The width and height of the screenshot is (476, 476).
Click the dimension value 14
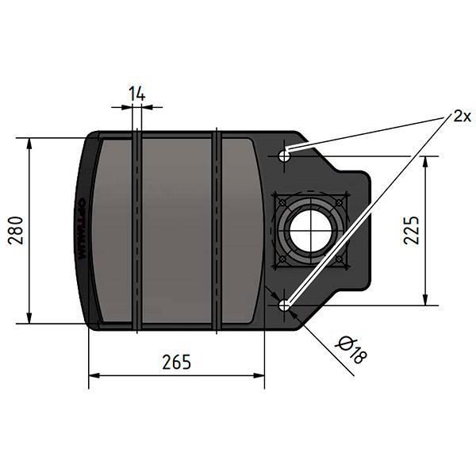pos(137,94)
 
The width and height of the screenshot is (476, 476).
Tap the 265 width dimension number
pos(176,362)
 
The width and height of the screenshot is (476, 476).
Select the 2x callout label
pos(463,117)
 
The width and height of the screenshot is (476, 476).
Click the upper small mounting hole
pos(285,155)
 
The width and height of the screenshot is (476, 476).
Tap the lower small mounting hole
pos(285,304)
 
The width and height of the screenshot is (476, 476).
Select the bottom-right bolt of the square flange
pos(339,259)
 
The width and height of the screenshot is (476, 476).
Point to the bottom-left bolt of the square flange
pos(281,259)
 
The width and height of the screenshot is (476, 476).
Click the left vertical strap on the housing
pos(138,230)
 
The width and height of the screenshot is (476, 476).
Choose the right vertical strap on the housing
pos(216,230)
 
